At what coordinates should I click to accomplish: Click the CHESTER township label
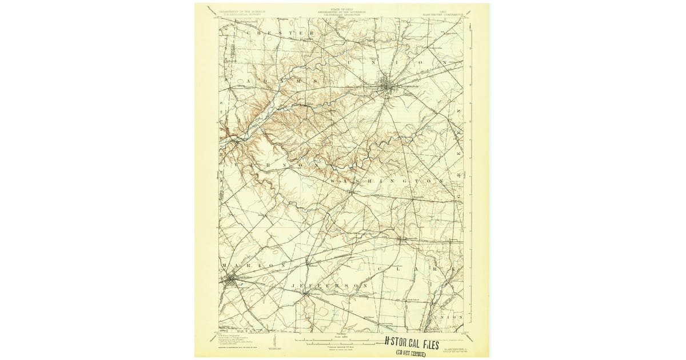tap(280, 34)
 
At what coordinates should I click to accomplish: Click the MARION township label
tap(252, 266)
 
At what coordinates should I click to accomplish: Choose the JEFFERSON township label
tap(328, 285)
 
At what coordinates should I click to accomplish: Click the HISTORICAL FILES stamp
tap(412, 344)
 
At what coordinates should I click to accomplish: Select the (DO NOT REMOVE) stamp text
tap(414, 354)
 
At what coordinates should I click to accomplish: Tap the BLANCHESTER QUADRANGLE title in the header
tap(449, 13)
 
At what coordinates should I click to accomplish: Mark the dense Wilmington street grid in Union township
tap(388, 86)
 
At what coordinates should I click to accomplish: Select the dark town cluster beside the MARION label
tap(230, 280)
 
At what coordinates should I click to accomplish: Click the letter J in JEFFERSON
tap(293, 285)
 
